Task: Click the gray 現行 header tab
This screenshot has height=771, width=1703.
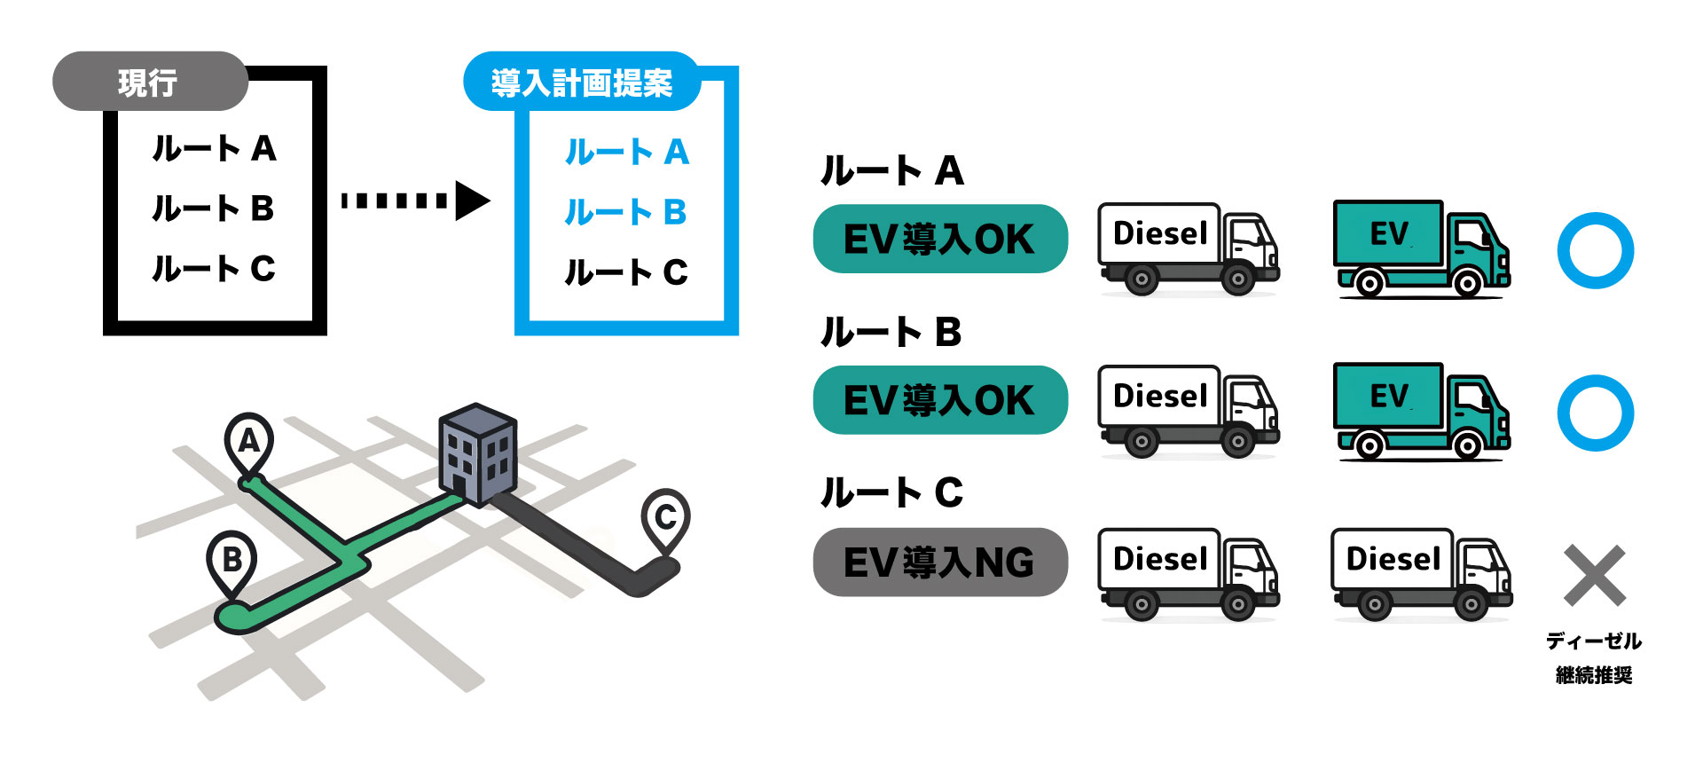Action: (149, 82)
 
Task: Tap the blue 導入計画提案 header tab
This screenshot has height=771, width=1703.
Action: (581, 83)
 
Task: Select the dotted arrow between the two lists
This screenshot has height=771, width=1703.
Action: (414, 201)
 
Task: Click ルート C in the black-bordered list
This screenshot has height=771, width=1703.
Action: (214, 268)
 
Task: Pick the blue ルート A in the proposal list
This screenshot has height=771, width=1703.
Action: (626, 152)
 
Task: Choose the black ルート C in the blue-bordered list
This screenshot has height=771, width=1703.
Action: (626, 272)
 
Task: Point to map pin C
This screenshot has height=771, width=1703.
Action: (665, 517)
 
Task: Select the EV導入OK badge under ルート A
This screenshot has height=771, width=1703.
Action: (940, 239)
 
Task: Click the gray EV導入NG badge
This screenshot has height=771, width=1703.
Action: (940, 563)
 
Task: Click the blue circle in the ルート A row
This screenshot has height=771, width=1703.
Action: (1595, 250)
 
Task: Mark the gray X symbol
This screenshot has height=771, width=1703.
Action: (1594, 575)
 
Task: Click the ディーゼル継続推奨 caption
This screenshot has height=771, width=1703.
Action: (1594, 657)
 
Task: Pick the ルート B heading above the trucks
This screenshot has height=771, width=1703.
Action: (891, 333)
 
